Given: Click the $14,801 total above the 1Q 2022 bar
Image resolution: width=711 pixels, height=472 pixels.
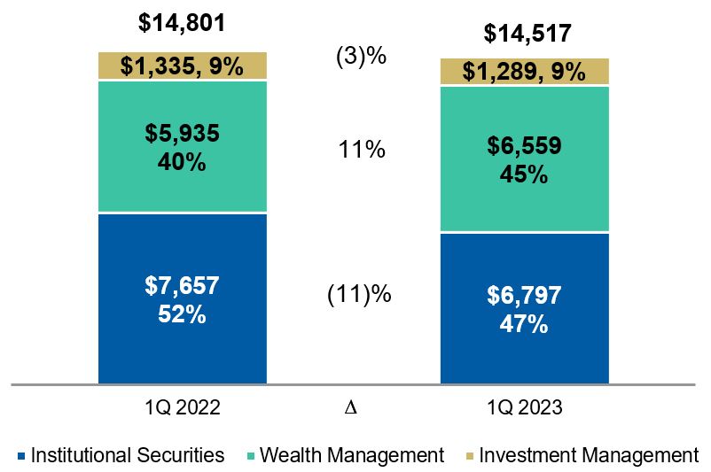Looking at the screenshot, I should coord(182,21).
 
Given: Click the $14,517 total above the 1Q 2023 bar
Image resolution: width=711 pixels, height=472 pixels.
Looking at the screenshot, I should coord(526,34).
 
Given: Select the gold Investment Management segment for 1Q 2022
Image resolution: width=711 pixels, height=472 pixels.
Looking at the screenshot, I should coord(182,66).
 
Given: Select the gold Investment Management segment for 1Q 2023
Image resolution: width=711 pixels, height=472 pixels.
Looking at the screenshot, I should coord(526,72).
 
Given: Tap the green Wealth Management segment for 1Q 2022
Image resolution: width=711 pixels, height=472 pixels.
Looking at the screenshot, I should coord(182,147).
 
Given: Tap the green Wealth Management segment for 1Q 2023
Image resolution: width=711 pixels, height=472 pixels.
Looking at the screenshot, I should coord(526,159).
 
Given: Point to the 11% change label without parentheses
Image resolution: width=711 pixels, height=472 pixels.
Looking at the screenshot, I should coord(363,150).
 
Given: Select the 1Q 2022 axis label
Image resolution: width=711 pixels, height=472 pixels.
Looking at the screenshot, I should coord(182,408).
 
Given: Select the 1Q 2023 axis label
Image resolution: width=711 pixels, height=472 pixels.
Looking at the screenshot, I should coord(525,408).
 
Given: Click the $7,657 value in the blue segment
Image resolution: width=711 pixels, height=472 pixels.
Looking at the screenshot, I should coord(182,286).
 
